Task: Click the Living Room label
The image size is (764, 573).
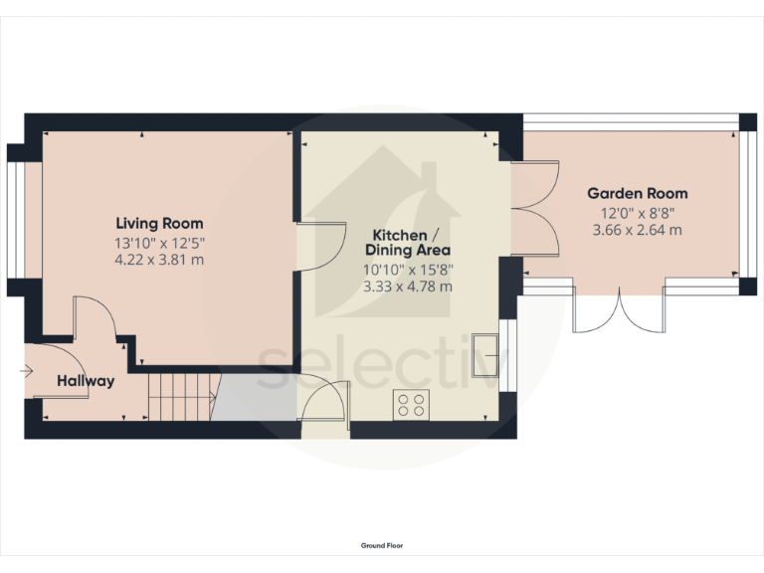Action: tap(159, 223)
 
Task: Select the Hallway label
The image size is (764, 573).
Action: tap(86, 381)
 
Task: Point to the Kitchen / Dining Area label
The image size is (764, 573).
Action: tap(407, 242)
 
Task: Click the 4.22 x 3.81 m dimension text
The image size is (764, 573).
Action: tap(159, 261)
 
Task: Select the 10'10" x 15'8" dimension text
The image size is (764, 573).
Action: tap(407, 269)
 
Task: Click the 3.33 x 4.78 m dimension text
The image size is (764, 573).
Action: tap(407, 286)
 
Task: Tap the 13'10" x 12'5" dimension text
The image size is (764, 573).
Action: tap(159, 242)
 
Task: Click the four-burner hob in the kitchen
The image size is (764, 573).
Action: tap(411, 405)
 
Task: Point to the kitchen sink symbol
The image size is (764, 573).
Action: tap(487, 349)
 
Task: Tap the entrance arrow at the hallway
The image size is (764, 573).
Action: tap(26, 372)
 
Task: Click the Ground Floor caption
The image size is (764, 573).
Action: tap(382, 545)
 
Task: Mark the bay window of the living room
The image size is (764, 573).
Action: tap(16, 220)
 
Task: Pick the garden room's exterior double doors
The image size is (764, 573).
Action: tap(619, 310)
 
